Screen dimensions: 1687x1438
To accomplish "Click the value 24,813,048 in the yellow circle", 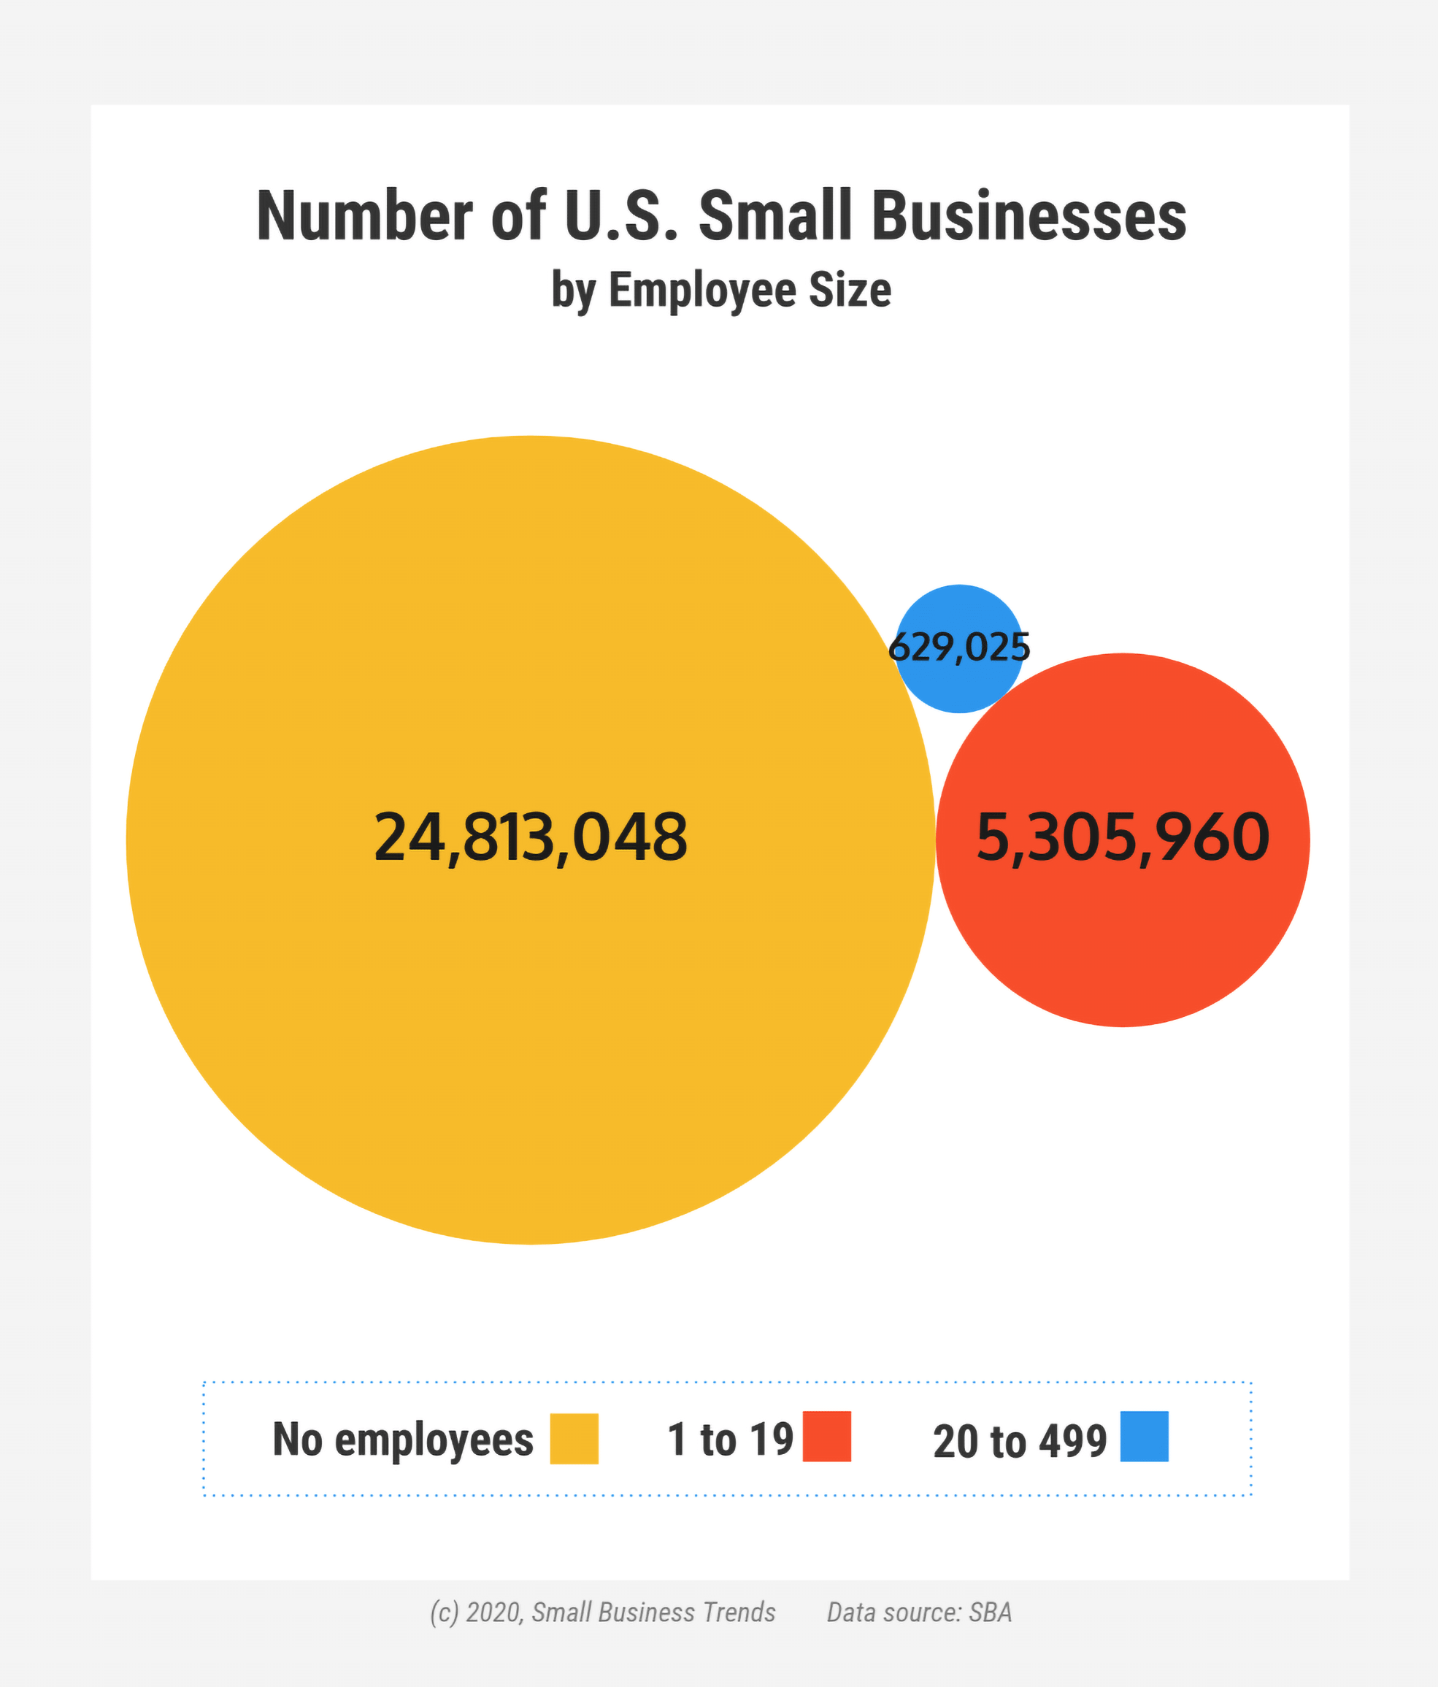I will [x=530, y=838].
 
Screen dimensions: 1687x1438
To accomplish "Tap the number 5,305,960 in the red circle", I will [x=1122, y=838].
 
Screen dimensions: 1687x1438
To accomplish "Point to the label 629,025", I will [x=959, y=648].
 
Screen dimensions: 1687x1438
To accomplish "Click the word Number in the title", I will [x=364, y=217].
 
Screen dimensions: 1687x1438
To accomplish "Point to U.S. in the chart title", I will [x=620, y=217].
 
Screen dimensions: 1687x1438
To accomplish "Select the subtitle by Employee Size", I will [x=721, y=290].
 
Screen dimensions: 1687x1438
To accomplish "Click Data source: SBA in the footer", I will [x=919, y=1612].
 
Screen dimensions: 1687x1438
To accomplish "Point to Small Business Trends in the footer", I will [x=654, y=1612].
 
